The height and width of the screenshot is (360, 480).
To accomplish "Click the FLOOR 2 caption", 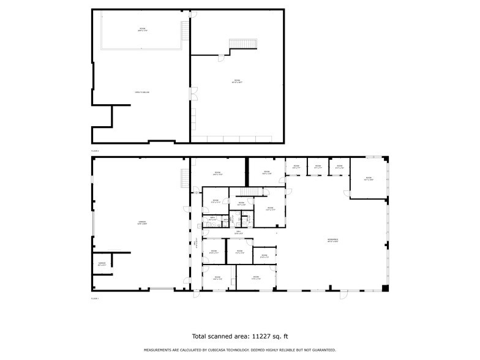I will pos(95,150).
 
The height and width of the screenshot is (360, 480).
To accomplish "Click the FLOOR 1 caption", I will pos(95,298).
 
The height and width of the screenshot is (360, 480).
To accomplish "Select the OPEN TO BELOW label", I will pos(142,92).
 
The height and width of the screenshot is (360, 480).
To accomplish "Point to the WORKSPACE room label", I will pos(333,240).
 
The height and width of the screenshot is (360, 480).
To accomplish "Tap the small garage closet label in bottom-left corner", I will pos(102,264).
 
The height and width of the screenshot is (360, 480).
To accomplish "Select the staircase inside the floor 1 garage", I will pos(184,178).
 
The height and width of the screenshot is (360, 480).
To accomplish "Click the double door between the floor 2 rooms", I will pos(192,94).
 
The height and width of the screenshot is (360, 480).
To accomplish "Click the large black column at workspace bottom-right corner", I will pos(384,288).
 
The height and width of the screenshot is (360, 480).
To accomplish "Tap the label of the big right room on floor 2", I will pos(237,80).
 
